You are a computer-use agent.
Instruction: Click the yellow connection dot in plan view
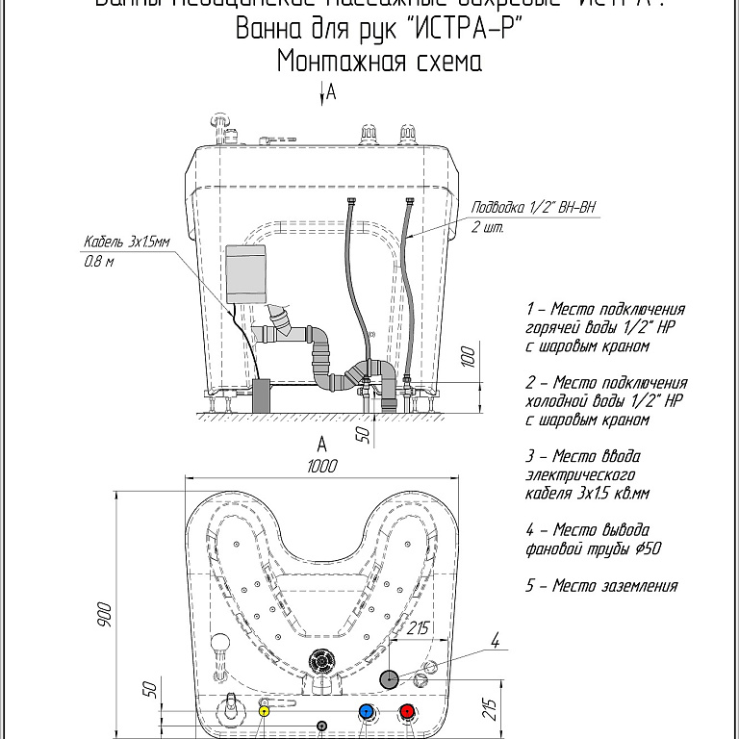click(x=265, y=711)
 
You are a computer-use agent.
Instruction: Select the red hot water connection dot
click(x=407, y=712)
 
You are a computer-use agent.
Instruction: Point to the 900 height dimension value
click(x=106, y=613)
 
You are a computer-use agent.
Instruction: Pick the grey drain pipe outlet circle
click(x=390, y=678)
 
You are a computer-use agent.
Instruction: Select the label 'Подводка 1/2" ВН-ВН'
click(x=533, y=208)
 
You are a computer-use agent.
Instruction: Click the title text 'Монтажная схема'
click(x=378, y=62)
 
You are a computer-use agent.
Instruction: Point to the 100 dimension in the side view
click(x=469, y=359)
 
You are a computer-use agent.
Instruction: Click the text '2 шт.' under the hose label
click(x=487, y=228)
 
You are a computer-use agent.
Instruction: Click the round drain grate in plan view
click(x=320, y=662)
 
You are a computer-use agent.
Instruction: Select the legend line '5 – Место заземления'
click(x=601, y=586)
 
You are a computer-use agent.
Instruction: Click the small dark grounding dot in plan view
click(x=322, y=725)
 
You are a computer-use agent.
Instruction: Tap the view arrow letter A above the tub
click(x=331, y=92)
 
